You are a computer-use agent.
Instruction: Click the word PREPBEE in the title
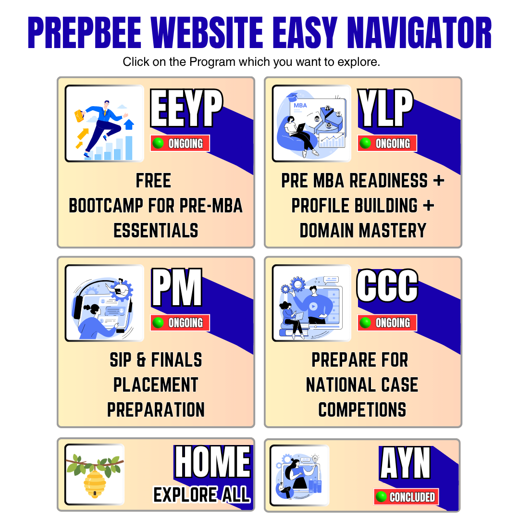(85, 33)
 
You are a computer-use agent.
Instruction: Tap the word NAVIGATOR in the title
(420, 33)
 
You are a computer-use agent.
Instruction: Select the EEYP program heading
(186, 108)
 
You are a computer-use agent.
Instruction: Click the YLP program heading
(385, 108)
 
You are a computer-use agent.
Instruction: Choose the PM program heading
(177, 287)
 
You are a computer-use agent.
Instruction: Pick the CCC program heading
(387, 285)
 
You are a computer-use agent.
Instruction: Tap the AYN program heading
(405, 463)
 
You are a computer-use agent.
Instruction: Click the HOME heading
(212, 461)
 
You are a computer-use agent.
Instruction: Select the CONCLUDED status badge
(406, 496)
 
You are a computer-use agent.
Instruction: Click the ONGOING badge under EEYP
(180, 143)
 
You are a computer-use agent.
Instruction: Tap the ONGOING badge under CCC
(387, 323)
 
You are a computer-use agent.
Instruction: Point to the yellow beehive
(95, 484)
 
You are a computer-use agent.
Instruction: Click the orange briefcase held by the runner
(79, 115)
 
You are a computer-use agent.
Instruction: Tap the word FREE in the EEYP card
(153, 181)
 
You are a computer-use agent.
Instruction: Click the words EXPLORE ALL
(201, 495)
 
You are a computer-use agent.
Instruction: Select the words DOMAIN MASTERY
(363, 231)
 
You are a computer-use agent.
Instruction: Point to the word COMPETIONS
(362, 410)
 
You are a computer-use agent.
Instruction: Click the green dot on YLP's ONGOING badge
(365, 143)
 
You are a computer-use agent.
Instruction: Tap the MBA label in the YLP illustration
(300, 105)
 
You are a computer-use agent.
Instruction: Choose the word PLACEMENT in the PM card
(156, 385)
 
